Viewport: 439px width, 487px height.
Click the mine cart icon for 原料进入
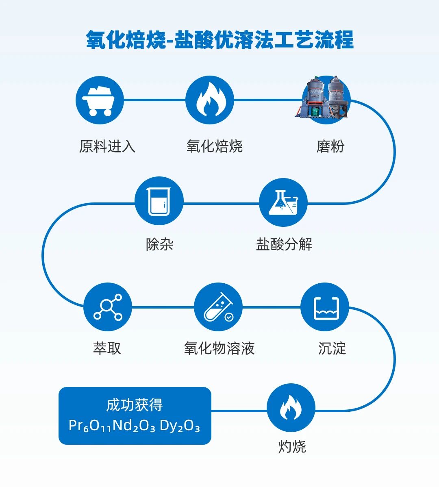tap(100, 100)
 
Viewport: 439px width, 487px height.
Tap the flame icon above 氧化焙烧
tap(209, 100)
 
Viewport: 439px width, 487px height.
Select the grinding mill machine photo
tap(324, 98)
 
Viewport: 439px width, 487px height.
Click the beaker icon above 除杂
tap(159, 201)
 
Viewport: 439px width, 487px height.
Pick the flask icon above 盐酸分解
tap(283, 202)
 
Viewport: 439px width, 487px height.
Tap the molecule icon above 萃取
tap(108, 307)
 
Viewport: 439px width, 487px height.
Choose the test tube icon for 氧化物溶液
tap(218, 307)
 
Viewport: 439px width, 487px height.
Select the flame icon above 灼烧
tap(291, 408)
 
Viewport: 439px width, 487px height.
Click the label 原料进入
tap(107, 146)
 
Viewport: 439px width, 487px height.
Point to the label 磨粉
tap(330, 146)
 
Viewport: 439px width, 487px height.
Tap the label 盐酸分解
tap(284, 245)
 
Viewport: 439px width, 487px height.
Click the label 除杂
tap(159, 245)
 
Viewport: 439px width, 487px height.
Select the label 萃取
tap(107, 348)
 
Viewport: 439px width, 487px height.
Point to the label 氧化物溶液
tap(219, 348)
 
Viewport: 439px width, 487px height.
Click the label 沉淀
tap(332, 348)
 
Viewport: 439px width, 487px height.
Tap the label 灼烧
tap(292, 447)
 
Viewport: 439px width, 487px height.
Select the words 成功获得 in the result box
tap(135, 405)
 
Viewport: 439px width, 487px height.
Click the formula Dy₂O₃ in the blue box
tap(180, 426)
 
